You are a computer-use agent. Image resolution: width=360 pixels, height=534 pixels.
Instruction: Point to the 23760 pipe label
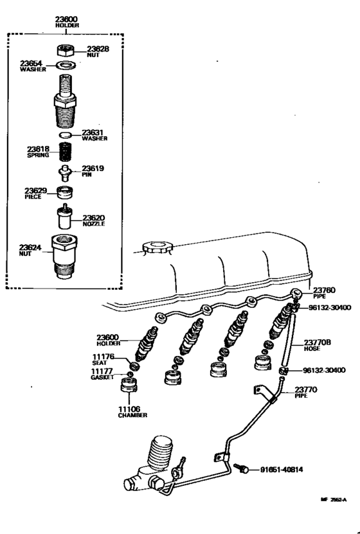point(324,290)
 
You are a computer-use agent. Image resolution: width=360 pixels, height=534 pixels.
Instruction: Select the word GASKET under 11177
point(102,378)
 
